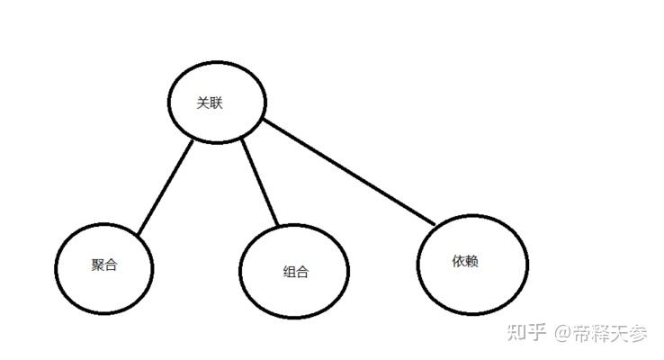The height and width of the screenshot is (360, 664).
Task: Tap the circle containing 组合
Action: [x=294, y=271]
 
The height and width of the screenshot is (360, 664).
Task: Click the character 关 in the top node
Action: [x=203, y=103]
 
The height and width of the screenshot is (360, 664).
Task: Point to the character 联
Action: [x=216, y=103]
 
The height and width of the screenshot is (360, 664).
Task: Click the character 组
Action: [x=289, y=272]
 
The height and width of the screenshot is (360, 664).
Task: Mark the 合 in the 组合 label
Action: [x=301, y=272]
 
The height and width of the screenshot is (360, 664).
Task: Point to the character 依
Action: [x=459, y=261]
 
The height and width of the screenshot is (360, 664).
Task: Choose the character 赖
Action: [x=471, y=261]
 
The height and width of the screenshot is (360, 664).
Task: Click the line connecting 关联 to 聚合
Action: [x=166, y=188]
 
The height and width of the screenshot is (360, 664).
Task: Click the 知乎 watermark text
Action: [x=526, y=333]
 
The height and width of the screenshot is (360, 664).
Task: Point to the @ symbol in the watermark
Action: [x=563, y=334]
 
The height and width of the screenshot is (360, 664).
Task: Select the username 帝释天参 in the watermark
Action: [x=612, y=334]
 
